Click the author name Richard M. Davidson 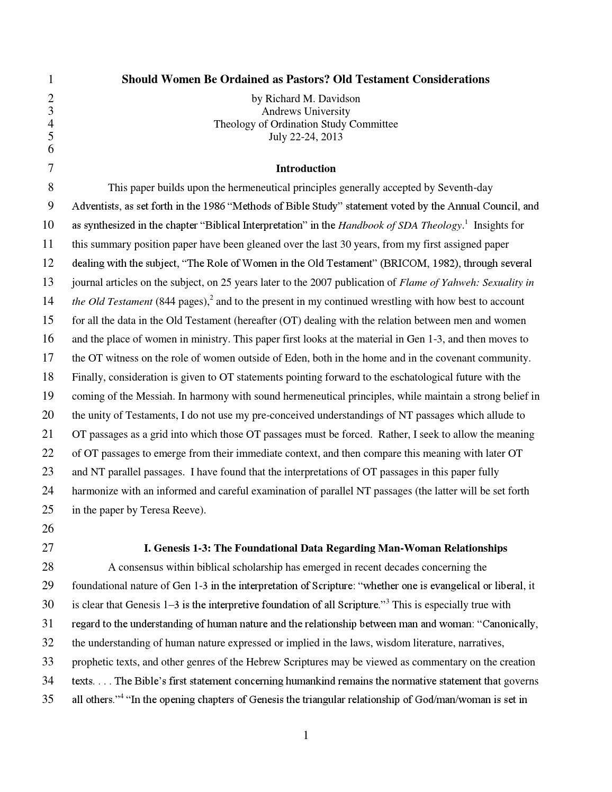(x=312, y=98)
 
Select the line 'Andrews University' (x=305, y=111)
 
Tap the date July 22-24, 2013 (x=305, y=137)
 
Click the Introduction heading (x=305, y=168)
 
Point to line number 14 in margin (x=48, y=301)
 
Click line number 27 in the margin (x=48, y=548)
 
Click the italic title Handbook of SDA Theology (x=400, y=225)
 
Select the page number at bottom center (x=305, y=735)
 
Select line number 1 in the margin (x=50, y=79)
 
